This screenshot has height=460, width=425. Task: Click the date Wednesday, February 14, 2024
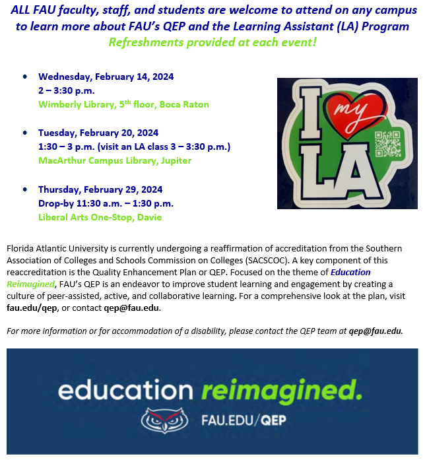(106, 77)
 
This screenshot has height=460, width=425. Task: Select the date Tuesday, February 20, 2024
(98, 132)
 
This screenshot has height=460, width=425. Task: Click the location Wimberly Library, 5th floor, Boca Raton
(123, 104)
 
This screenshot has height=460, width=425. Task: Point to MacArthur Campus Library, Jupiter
(114, 160)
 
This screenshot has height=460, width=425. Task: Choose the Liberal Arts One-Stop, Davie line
(100, 217)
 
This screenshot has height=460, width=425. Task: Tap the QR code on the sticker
(387, 144)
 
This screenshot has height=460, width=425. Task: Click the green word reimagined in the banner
(282, 391)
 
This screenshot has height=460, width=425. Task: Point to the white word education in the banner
(129, 391)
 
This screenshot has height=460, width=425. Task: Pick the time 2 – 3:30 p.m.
(66, 90)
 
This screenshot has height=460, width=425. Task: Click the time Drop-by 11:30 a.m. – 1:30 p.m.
(106, 203)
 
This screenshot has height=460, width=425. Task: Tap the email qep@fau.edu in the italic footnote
(376, 331)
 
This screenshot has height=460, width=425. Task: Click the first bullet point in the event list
(25, 77)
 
